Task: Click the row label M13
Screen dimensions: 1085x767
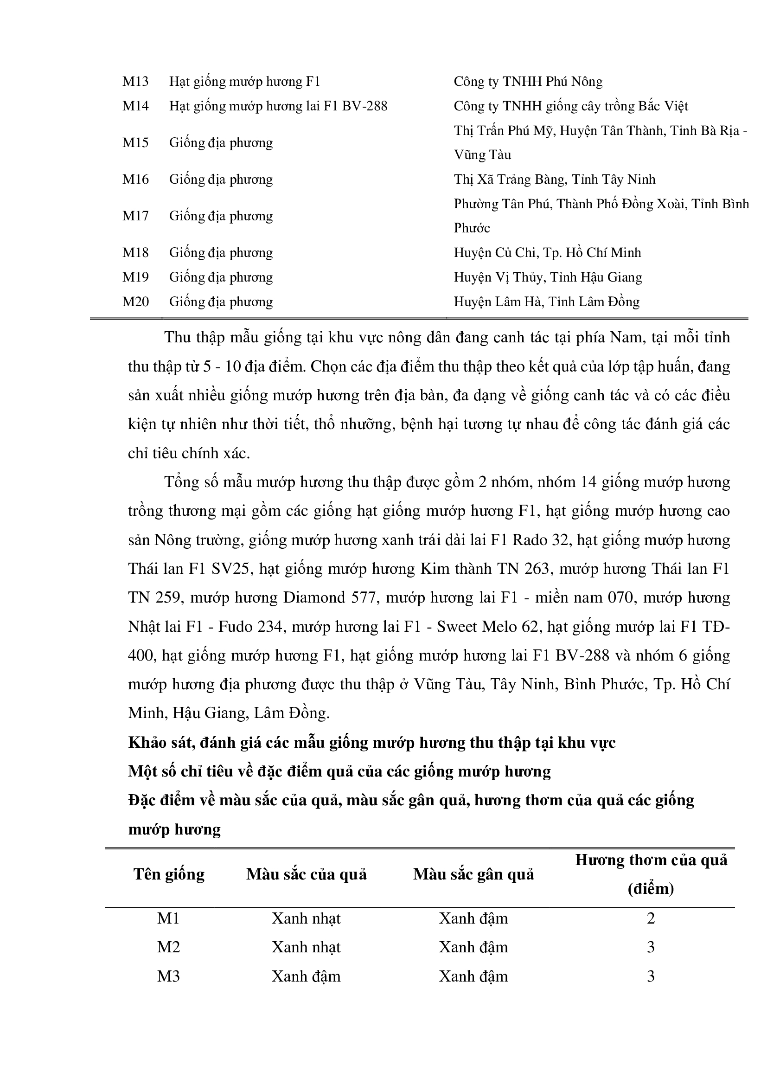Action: [x=135, y=82]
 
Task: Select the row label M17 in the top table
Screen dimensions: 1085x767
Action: [x=135, y=216]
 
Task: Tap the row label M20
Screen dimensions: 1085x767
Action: [x=135, y=302]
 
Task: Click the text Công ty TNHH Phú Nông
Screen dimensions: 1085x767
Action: [x=528, y=82]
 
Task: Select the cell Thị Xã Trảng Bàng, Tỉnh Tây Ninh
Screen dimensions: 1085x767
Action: [x=555, y=180]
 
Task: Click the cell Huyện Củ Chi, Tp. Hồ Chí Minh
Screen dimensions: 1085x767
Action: [x=547, y=252]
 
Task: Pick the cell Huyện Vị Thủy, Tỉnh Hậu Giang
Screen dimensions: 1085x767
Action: [x=548, y=277]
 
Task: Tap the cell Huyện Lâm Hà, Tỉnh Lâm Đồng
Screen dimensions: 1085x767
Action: [x=546, y=302]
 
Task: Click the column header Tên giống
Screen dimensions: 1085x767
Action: [x=169, y=874]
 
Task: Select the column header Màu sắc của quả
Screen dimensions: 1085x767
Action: [x=307, y=874]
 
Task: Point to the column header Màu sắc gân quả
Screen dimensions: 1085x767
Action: [x=474, y=874]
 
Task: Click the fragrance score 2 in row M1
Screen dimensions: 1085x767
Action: [x=651, y=918]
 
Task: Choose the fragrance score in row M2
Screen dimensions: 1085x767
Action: [x=651, y=947]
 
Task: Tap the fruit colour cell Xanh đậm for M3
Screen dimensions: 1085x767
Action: [x=306, y=976]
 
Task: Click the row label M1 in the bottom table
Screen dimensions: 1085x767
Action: [x=169, y=918]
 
